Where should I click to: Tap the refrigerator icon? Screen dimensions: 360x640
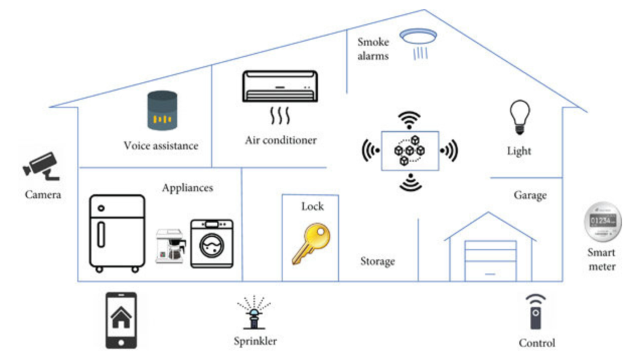click(117, 232)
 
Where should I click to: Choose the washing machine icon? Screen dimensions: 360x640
click(212, 244)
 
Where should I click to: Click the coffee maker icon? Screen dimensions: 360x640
click(171, 246)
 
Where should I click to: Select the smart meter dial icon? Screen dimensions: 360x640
click(602, 222)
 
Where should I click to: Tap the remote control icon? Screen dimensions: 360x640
click(535, 311)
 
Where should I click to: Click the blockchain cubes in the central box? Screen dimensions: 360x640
click(409, 150)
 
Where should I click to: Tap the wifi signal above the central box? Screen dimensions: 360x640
click(409, 119)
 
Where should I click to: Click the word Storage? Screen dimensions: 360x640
click(377, 261)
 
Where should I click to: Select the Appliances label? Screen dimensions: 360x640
click(187, 187)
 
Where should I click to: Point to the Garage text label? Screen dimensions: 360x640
click(530, 196)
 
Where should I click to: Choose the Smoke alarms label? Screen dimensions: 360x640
click(373, 49)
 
